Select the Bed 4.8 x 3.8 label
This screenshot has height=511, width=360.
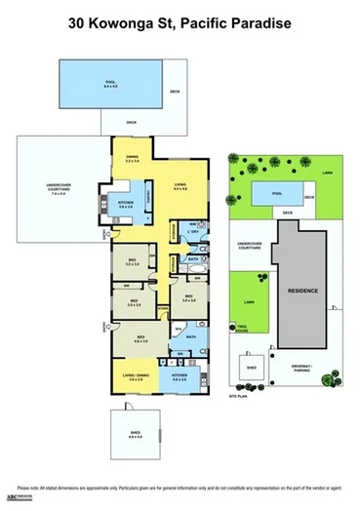click(x=140, y=339)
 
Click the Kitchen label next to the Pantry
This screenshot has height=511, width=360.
click(x=125, y=204)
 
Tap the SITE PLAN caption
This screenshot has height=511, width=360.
click(x=240, y=398)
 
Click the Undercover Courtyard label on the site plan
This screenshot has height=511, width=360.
click(x=246, y=245)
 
